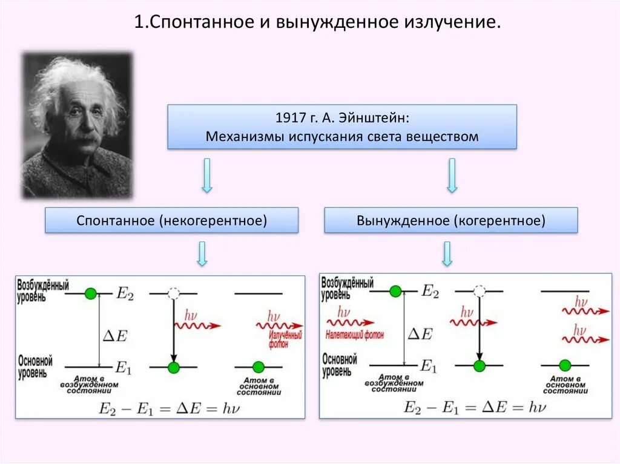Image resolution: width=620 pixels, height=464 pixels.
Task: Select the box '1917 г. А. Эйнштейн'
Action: point(341,126)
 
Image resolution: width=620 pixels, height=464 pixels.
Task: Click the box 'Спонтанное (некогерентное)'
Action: point(172,220)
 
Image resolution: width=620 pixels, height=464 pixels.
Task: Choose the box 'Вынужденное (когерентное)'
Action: point(451,220)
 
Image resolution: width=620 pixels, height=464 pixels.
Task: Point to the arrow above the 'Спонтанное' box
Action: point(206,175)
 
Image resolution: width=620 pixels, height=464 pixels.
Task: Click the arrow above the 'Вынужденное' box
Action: point(452,175)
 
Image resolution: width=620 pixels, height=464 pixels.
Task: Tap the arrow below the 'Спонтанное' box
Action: point(202,254)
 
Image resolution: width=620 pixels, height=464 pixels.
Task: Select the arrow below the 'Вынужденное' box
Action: point(447,254)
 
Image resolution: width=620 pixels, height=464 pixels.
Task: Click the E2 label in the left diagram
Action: point(124,293)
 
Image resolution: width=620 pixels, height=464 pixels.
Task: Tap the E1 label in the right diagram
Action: point(429,365)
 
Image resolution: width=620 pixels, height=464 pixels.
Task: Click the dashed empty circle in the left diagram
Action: point(173,293)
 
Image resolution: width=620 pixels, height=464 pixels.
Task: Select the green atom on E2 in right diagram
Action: point(395,292)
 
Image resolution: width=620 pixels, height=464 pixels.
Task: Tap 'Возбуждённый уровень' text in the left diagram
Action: point(43,289)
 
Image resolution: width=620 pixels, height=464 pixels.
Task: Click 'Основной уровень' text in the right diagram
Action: point(340,365)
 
